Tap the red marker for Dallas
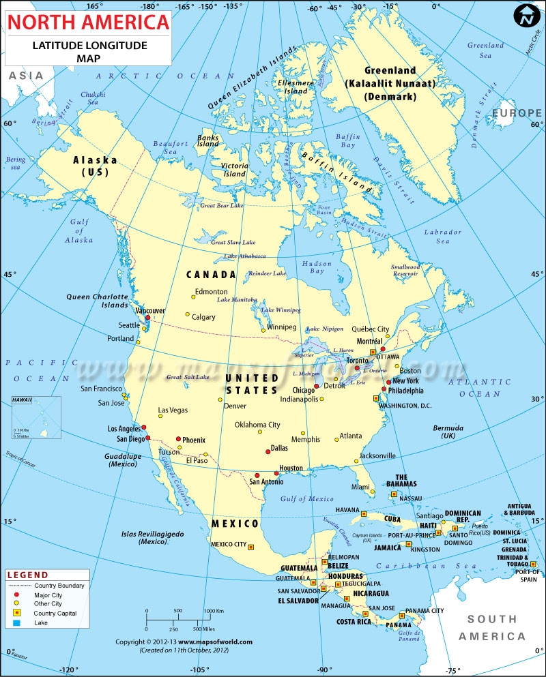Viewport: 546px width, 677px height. point(268,451)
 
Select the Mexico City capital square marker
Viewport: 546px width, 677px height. point(250,546)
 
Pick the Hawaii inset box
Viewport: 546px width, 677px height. point(35,417)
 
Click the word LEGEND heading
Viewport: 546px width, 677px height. point(28,575)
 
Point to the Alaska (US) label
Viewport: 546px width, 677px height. point(95,166)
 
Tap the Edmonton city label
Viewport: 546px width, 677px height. point(211,292)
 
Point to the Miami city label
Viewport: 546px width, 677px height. point(361,487)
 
